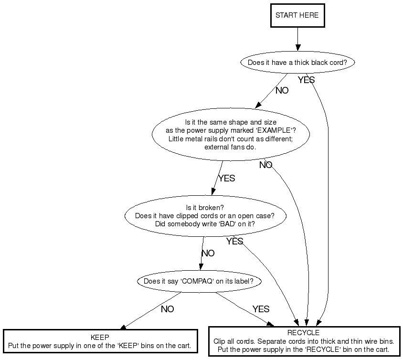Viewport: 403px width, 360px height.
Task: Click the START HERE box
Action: click(297, 16)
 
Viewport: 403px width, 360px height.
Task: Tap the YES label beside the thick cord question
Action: click(306, 80)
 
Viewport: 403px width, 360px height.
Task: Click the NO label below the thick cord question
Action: click(282, 90)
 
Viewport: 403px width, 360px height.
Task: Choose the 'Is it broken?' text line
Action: click(205, 207)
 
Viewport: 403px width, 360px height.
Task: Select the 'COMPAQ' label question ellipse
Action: click(202, 281)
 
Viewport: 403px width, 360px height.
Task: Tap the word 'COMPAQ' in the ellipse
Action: click(197, 281)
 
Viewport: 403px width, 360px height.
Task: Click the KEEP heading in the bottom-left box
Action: click(100, 337)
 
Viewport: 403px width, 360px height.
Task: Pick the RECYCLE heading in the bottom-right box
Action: click(303, 333)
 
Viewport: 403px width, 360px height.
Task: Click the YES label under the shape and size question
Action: click(227, 178)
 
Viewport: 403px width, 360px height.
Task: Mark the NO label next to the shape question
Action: click(265, 165)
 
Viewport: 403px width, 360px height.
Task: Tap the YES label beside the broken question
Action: click(234, 241)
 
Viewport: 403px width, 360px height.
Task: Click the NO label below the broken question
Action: click(208, 253)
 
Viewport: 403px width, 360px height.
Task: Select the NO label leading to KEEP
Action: click(167, 309)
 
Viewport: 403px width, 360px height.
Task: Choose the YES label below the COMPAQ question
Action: click(261, 309)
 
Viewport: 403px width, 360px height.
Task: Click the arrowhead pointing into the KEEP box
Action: click(123, 327)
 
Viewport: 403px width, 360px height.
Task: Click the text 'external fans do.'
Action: click(230, 147)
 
